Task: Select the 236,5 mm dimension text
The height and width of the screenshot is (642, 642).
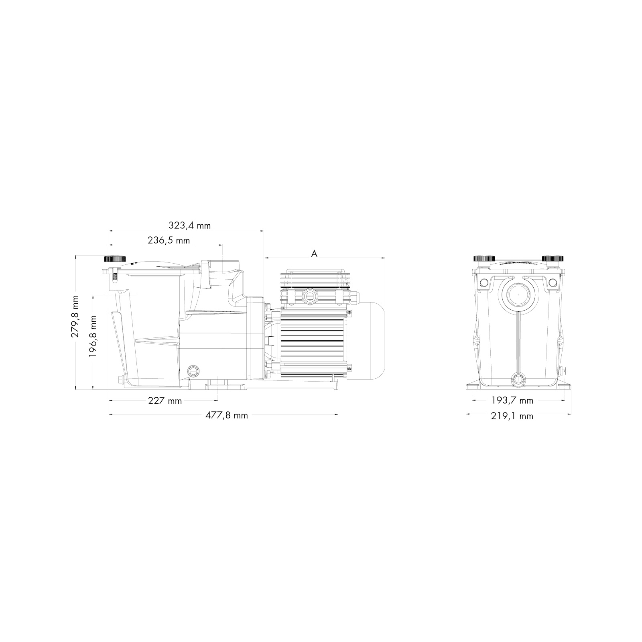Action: (169, 241)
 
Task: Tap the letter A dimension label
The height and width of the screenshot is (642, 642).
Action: (315, 254)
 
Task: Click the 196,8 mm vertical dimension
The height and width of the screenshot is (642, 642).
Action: (93, 336)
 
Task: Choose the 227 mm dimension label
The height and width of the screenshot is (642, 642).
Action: (165, 401)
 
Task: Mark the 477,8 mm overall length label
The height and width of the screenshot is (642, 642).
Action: (227, 416)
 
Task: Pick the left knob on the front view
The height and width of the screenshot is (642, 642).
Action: (484, 259)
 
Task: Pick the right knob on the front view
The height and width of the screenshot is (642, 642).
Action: (553, 259)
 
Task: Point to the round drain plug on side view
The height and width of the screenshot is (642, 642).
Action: (193, 370)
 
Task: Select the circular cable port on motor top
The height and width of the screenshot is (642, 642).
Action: (310, 296)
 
